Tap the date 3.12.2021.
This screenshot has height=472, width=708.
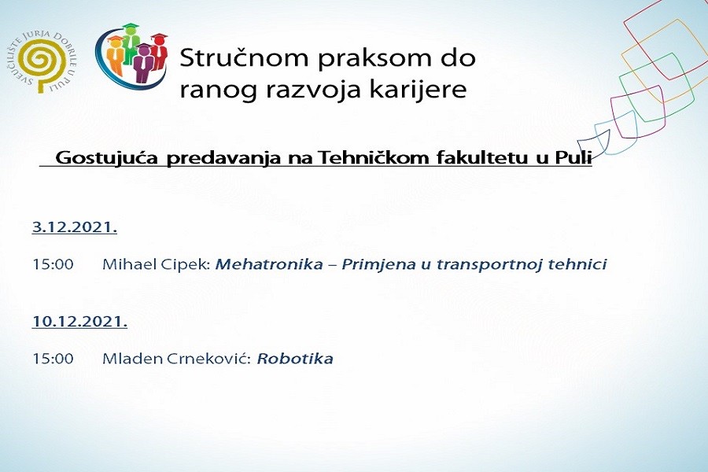tap(75, 228)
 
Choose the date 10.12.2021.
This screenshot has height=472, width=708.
tap(79, 321)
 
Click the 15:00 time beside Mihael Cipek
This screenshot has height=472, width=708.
tap(53, 264)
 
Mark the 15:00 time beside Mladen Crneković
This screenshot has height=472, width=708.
tap(53, 359)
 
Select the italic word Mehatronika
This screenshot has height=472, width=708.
tap(269, 264)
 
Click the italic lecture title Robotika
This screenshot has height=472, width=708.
tap(295, 359)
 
